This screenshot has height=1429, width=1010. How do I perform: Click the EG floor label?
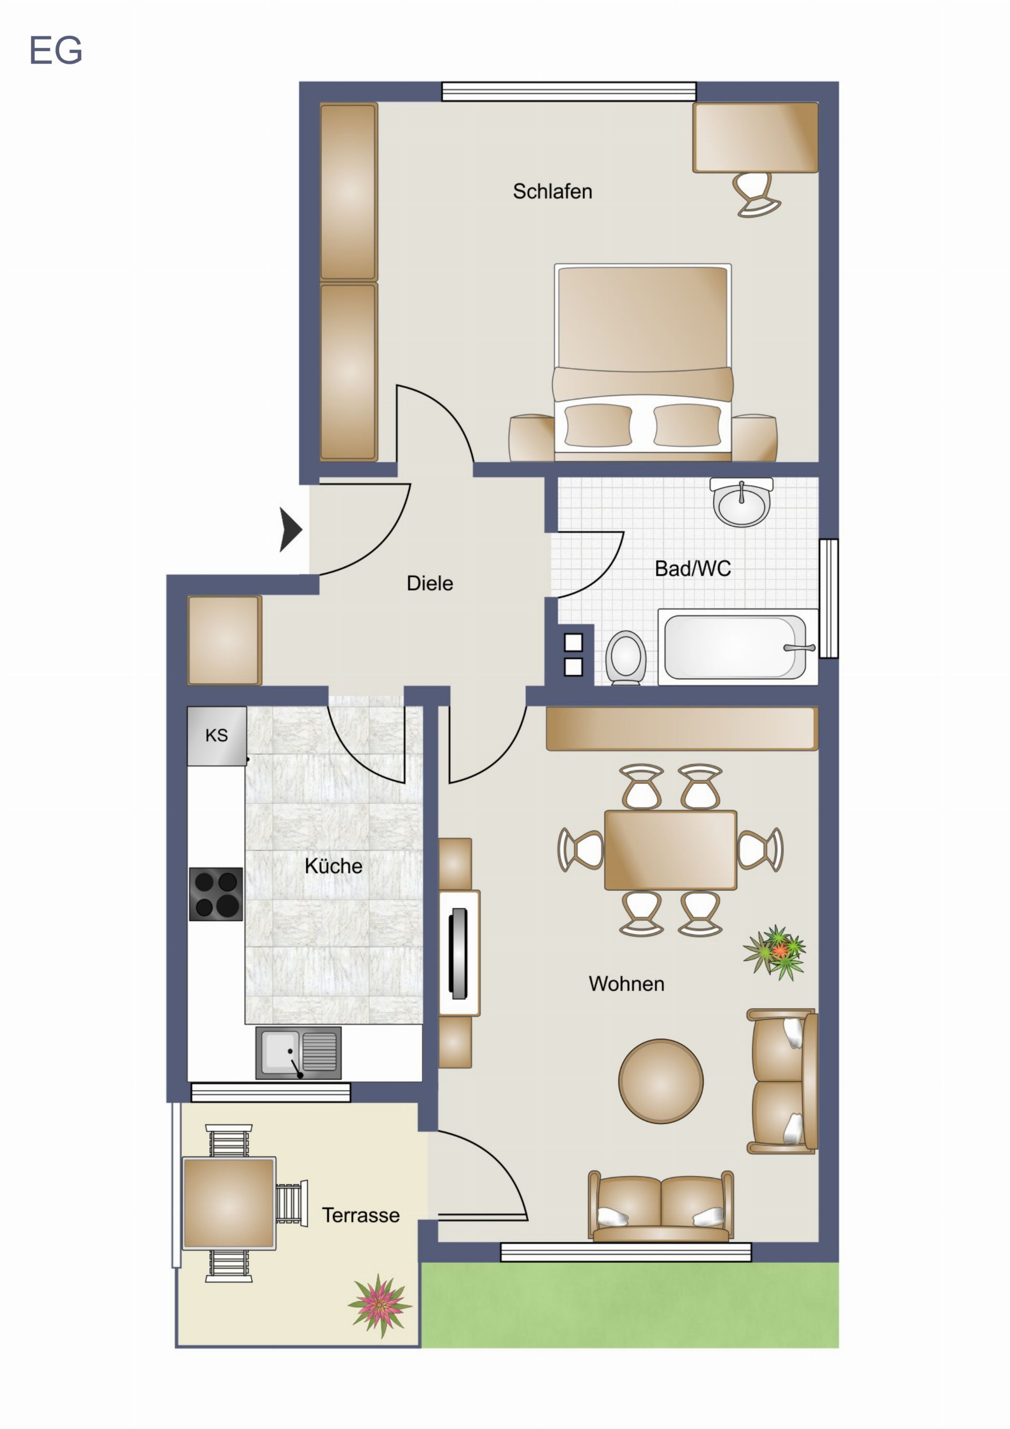pyautogui.click(x=56, y=51)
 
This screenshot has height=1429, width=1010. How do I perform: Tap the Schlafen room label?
pyautogui.click(x=552, y=191)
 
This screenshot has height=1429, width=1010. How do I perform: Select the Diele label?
pyautogui.click(x=429, y=583)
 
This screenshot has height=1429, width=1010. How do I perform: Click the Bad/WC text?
pyautogui.click(x=693, y=568)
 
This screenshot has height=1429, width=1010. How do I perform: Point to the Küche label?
pyautogui.click(x=333, y=865)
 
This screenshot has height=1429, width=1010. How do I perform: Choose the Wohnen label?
pyautogui.click(x=626, y=983)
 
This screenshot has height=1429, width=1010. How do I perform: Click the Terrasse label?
pyautogui.click(x=360, y=1215)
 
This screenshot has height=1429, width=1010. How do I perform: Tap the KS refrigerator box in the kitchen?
pyautogui.click(x=217, y=736)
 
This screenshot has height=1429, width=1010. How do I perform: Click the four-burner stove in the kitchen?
pyautogui.click(x=216, y=894)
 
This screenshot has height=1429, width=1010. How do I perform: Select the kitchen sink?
pyautogui.click(x=298, y=1052)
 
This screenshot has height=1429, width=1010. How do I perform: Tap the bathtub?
pyautogui.click(x=738, y=647)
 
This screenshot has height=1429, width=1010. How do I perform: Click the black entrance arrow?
pyautogui.click(x=290, y=530)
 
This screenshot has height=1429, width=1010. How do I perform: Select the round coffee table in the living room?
pyautogui.click(x=660, y=1081)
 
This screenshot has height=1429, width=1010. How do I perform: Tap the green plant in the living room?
pyautogui.click(x=775, y=952)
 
